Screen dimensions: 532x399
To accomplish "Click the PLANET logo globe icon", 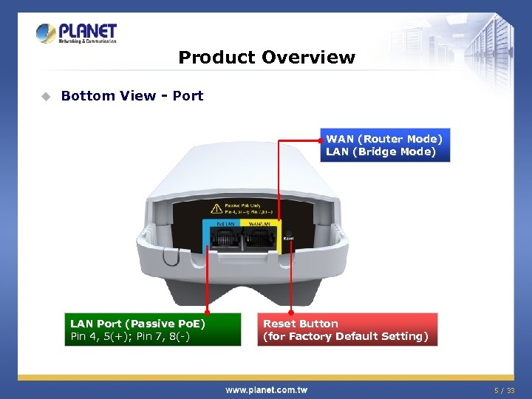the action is click(46, 33).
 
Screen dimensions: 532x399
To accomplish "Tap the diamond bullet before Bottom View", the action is click(46, 96).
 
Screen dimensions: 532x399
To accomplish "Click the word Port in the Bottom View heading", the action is click(188, 96).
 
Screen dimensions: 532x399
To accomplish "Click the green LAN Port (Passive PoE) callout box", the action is click(151, 330).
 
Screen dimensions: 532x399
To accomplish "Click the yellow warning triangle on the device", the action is click(216, 209).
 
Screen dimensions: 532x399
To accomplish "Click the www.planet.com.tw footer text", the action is click(266, 389).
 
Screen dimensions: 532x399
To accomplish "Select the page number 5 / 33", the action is click(504, 389).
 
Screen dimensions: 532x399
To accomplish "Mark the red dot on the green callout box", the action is click(208, 312).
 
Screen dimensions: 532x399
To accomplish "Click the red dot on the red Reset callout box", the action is click(290, 312).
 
